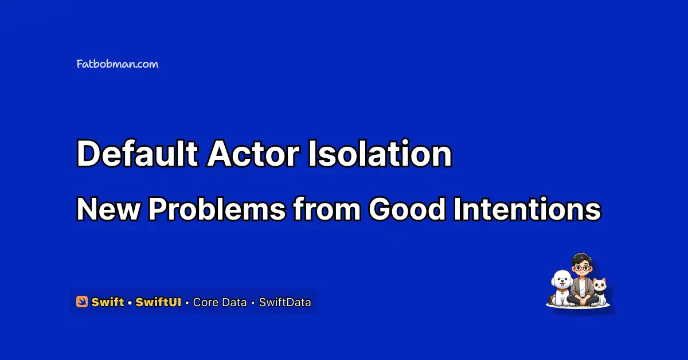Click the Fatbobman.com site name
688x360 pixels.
tap(118, 64)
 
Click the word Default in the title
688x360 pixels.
tap(137, 153)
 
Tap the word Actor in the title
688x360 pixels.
tap(253, 153)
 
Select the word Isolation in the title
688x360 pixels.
tap(380, 153)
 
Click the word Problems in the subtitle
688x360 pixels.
tap(217, 209)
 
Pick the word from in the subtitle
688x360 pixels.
tap(327, 209)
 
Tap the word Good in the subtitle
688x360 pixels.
tap(407, 209)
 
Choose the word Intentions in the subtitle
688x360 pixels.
tap(527, 209)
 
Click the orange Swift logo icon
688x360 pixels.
tap(82, 302)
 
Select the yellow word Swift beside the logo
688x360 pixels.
tap(108, 302)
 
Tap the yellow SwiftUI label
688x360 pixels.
tap(158, 302)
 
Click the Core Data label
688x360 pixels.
tap(220, 302)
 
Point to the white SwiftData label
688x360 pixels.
tap(285, 302)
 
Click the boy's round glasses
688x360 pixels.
tap(583, 268)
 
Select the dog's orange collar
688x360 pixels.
tap(562, 289)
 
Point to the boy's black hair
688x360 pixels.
tap(581, 259)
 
